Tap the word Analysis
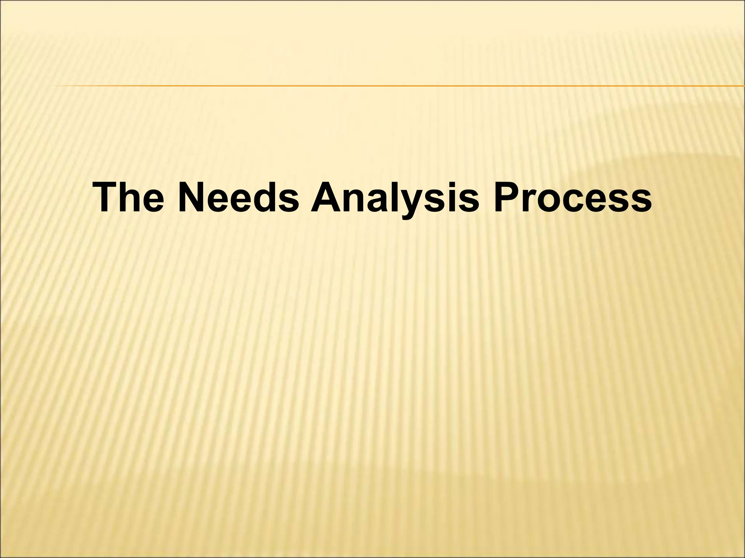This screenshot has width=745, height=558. pyautogui.click(x=394, y=198)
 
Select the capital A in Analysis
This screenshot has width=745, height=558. pyautogui.click(x=326, y=198)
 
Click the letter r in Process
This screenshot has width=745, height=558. pyautogui.click(x=531, y=201)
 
